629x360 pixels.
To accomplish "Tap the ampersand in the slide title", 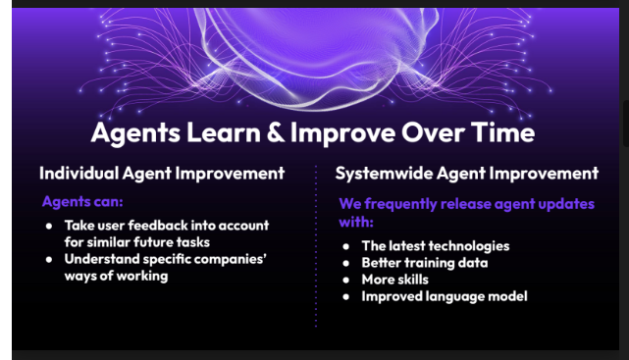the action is [276, 132].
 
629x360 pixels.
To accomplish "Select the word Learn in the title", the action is [224, 132].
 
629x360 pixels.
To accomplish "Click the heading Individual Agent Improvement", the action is [162, 174].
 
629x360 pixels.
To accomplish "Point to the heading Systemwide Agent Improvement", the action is [466, 174].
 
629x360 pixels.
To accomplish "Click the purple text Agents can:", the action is [82, 201].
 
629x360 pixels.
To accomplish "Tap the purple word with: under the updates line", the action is [356, 222].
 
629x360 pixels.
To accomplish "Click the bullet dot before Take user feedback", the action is [49, 226].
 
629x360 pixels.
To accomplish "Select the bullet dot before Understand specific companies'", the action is [49, 260].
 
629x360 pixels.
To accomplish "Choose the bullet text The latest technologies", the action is [436, 246].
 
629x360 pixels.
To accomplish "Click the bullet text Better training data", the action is [425, 263].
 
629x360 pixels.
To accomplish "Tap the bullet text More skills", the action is [394, 280].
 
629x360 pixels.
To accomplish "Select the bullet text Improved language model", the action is [445, 296].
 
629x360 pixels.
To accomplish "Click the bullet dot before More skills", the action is [346, 281].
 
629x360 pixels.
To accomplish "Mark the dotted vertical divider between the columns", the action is [316, 246].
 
